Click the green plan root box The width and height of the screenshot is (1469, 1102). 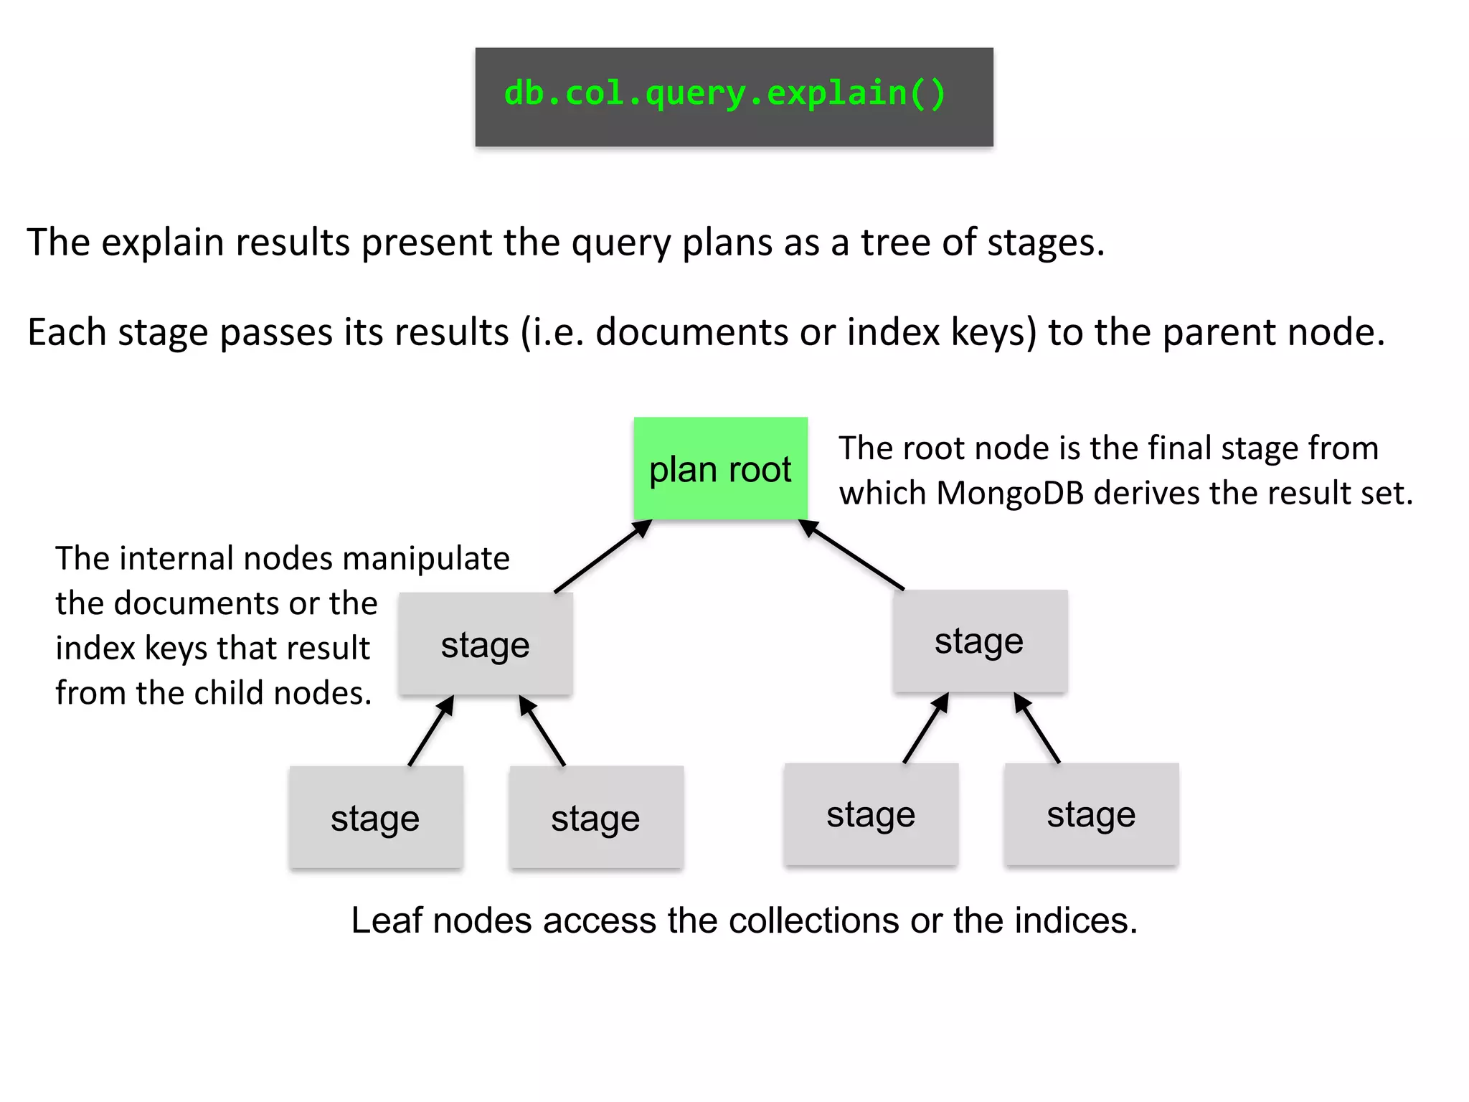coord(720,468)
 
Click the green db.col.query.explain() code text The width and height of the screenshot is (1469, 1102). coord(724,94)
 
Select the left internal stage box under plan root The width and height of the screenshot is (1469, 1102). coord(486,644)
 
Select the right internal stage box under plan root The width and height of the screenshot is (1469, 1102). coord(980,641)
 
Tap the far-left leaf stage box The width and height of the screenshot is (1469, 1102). coord(376,817)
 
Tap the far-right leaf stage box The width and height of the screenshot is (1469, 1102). coord(1091,814)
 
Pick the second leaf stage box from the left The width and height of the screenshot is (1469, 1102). coord(596,817)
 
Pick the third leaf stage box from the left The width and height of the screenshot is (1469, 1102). coord(871,814)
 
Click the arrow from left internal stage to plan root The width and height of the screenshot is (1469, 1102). coord(603,556)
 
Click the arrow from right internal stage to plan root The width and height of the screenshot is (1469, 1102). coord(851,554)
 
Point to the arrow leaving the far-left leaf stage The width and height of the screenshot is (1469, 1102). coord(431,730)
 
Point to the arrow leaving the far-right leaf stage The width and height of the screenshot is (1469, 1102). coord(1036,727)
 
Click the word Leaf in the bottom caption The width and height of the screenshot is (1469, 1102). coord(386,920)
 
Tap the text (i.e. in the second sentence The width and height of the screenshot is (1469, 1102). coord(552,333)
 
